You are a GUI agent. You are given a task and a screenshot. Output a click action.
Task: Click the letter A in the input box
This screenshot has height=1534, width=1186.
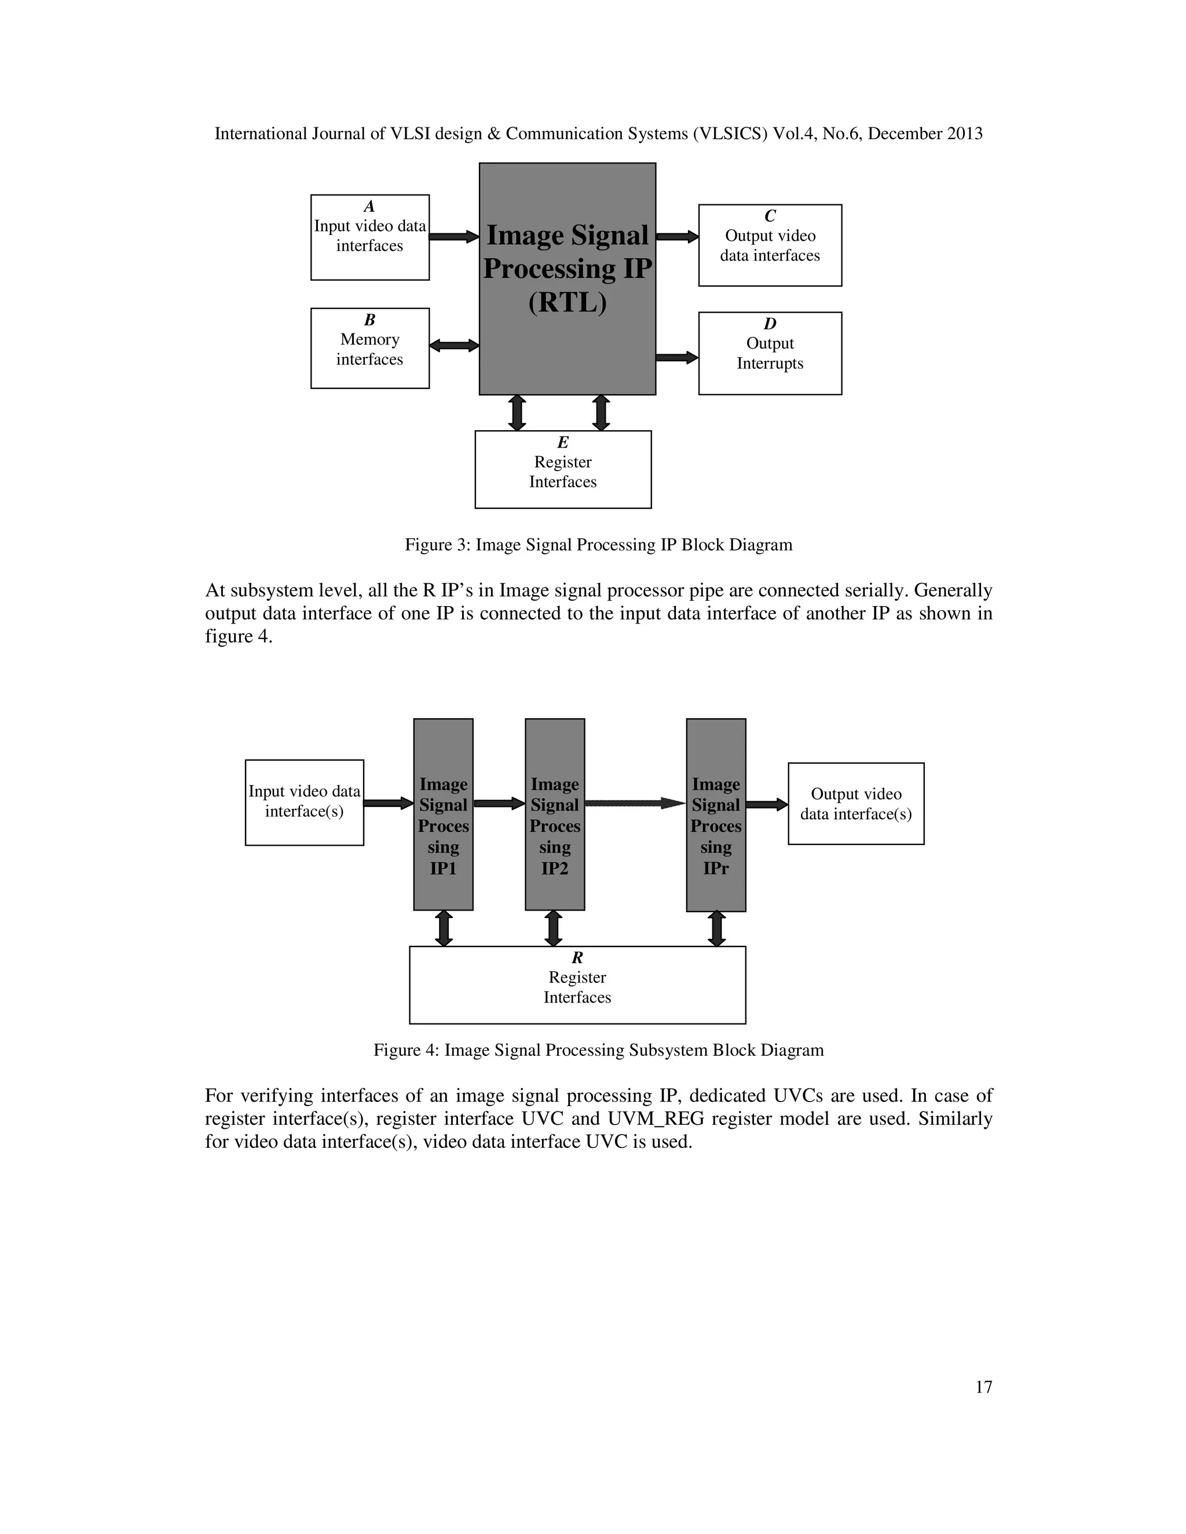369,207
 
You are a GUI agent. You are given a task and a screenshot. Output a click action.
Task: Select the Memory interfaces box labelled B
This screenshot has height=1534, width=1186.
369,348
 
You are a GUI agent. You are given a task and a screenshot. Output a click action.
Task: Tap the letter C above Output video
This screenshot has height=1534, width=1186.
770,216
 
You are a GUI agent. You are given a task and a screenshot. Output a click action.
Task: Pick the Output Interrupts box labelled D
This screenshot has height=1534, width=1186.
770,353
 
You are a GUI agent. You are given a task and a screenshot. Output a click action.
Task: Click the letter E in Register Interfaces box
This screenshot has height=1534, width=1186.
563,442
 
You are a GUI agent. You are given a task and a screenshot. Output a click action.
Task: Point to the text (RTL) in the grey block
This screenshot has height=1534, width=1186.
567,303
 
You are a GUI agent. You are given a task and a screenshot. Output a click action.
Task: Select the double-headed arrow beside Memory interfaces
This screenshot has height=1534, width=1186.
454,346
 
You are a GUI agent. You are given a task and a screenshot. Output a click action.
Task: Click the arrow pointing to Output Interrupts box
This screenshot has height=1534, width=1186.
676,358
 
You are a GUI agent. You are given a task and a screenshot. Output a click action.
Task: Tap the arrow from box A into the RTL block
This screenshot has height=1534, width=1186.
454,237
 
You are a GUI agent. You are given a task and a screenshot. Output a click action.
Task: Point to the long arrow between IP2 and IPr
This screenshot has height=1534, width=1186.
635,803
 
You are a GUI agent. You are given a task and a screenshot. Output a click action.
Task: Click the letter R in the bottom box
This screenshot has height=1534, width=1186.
577,958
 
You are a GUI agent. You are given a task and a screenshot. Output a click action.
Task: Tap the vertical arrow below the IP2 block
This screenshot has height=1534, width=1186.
554,928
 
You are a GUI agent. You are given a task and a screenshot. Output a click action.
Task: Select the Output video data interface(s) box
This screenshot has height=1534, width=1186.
855,803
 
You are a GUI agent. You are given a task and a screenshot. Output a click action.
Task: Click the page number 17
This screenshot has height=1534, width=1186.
983,1387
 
